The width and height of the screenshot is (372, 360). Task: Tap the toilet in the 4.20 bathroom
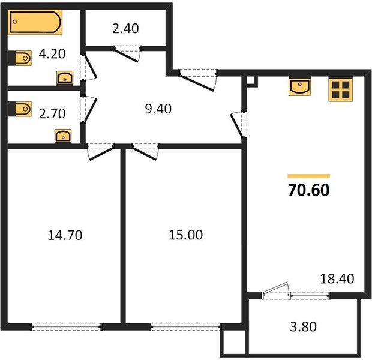coord(22,58)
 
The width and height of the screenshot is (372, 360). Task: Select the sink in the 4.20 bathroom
coord(64,77)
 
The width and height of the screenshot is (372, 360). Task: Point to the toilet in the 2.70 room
coord(22,109)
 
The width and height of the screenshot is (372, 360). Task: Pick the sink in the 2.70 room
coord(63,136)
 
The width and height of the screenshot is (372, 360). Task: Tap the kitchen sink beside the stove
coord(299,88)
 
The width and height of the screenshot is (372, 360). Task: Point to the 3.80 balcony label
coord(303,327)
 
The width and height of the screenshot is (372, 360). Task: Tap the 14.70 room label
coord(64,235)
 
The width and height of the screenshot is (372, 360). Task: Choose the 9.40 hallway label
coord(159,109)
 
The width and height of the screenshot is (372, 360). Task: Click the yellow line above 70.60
coord(308,176)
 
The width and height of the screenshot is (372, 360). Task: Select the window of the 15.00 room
coord(185,326)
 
